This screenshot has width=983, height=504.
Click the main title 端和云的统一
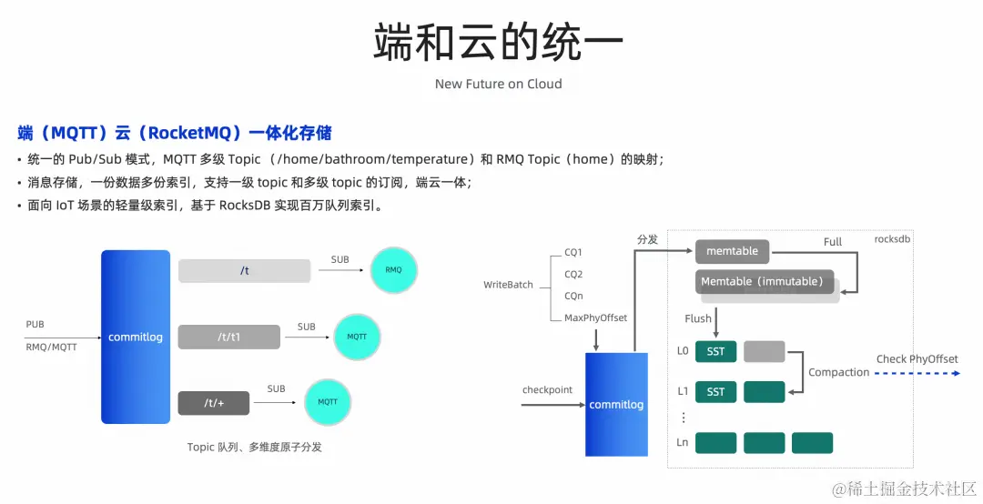pos(498,42)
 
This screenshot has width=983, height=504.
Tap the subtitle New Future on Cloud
pos(498,84)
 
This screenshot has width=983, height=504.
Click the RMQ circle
pos(393,270)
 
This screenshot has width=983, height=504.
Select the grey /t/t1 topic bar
pos(228,337)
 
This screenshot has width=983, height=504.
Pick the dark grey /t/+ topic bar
pos(213,402)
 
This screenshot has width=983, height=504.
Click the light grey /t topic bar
pos(244,270)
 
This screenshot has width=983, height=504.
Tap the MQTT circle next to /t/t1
pos(357,337)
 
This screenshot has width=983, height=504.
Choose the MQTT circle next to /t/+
pos(328,401)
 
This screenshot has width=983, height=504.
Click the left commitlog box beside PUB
pos(136,337)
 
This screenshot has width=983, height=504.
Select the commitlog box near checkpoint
pos(616,404)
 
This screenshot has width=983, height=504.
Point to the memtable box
pos(732,251)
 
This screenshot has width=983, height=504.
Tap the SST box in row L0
pos(715,351)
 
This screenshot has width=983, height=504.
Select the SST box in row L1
pos(715,391)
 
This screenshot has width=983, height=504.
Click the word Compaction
pos(838,372)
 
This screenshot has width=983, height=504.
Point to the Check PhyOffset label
pos(917,359)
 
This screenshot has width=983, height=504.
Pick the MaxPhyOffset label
pos(595,318)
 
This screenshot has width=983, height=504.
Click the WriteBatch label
pos(508,285)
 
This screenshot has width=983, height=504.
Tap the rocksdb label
pos(892,239)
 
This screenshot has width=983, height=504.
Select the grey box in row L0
pos(764,351)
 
